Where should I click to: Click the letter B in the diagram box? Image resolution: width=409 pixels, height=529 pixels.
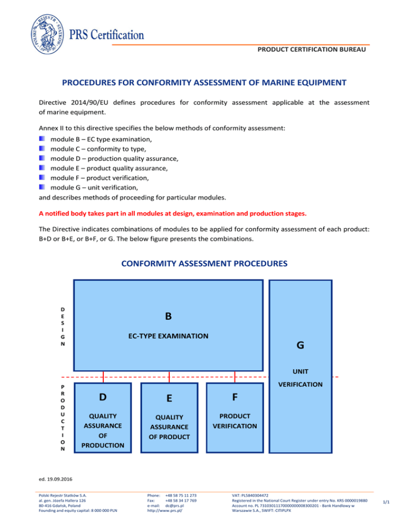coord(168,316)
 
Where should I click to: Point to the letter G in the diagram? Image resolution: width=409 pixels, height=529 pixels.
coord(300,345)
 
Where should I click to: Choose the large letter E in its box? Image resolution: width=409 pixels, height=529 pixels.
coord(169,399)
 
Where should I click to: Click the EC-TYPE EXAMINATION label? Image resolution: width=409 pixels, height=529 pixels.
coord(168,336)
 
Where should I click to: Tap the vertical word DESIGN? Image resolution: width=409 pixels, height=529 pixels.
coord(63,326)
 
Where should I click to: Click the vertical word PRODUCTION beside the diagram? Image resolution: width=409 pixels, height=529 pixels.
coord(63,418)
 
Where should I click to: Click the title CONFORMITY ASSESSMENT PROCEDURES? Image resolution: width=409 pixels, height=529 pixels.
coord(204,263)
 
